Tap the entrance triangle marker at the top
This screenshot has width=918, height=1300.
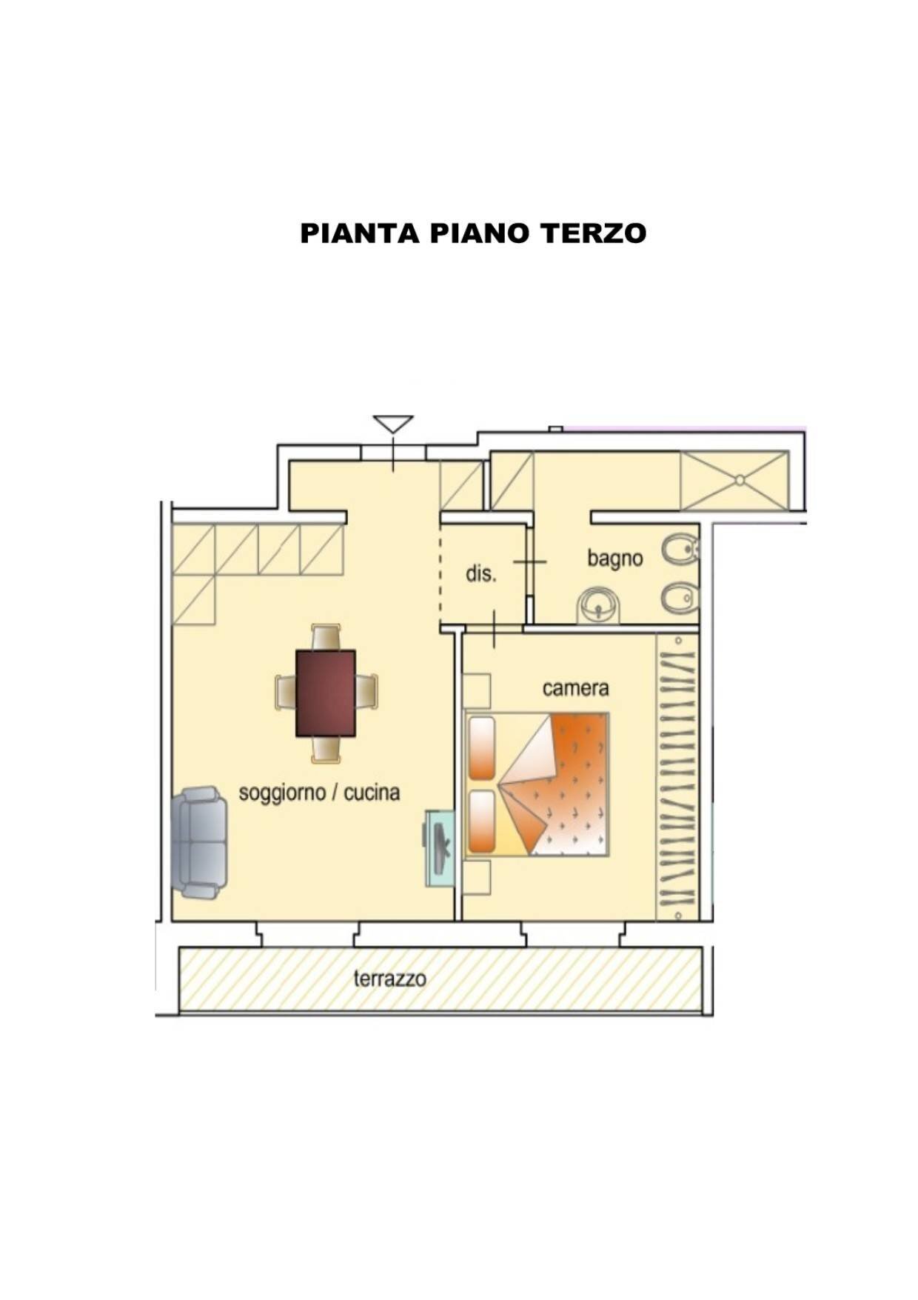coord(392,424)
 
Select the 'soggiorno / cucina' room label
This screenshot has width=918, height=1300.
coord(319,793)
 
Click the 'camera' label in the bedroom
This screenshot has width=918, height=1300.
coord(575,688)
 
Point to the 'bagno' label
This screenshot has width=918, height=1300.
coord(614,558)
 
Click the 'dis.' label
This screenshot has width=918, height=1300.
coord(480,573)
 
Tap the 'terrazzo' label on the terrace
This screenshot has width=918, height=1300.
coord(389,979)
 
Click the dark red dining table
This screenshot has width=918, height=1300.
coord(326,693)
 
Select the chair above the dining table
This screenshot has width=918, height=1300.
coord(326,637)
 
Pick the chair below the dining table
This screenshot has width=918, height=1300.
coord(326,749)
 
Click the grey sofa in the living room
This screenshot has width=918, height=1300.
coord(199,843)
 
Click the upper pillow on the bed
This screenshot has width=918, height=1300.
coord(482,747)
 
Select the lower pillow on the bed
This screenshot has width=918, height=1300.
coord(482,821)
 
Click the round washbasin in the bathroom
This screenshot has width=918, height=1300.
coord(598,605)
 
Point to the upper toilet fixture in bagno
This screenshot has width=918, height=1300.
coord(680,550)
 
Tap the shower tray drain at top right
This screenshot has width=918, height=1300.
coord(738,480)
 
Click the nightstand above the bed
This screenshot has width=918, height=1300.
coord(478,690)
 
